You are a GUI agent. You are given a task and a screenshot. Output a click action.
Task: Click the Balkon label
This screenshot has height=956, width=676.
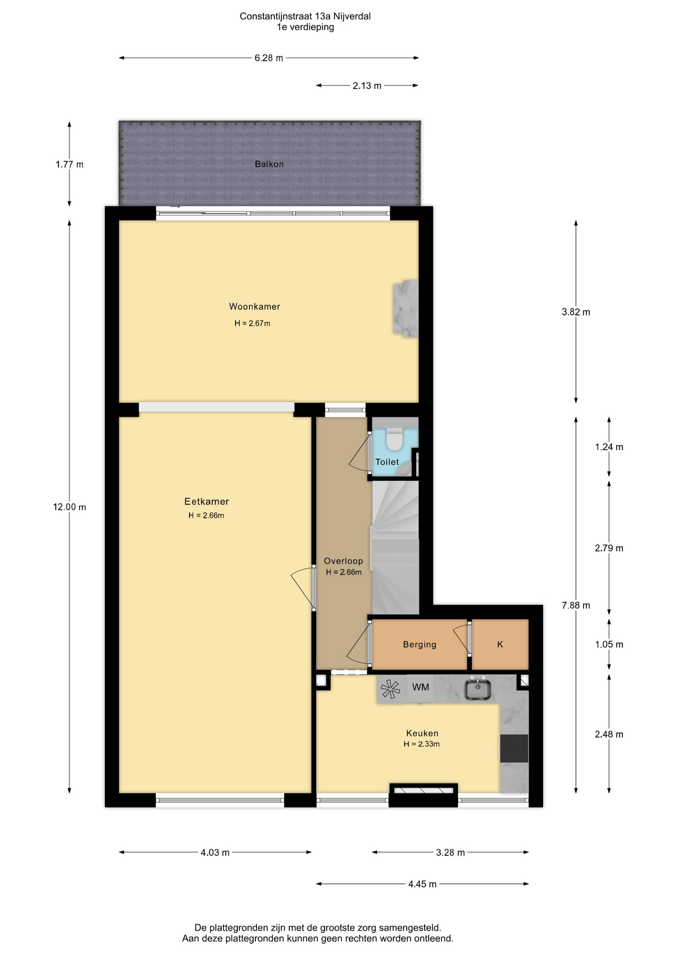(269, 164)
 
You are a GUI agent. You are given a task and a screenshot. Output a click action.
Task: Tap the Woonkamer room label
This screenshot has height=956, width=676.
(254, 307)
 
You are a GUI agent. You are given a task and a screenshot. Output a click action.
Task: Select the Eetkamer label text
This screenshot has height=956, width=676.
(207, 501)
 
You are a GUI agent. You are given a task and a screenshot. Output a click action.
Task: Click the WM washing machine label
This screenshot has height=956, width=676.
(421, 687)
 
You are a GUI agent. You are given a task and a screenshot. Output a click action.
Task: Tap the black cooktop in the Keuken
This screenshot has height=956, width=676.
(514, 748)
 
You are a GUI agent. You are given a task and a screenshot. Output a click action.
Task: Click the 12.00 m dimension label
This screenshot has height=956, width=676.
(70, 507)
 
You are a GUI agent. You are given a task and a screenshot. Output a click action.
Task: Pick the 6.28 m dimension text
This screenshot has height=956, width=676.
(269, 58)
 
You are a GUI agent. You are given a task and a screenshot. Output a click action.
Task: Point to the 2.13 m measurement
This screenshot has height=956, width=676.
(367, 86)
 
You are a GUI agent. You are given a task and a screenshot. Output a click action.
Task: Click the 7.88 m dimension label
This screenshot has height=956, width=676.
(576, 605)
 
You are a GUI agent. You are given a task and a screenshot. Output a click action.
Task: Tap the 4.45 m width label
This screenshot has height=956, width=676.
(422, 884)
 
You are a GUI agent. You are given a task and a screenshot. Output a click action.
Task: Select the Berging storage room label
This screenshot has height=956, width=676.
(420, 644)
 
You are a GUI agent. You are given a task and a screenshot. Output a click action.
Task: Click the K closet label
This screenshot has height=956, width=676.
(500, 644)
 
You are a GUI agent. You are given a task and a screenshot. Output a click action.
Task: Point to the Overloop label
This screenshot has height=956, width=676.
(343, 561)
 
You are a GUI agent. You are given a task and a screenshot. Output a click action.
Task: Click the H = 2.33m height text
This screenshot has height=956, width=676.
(422, 744)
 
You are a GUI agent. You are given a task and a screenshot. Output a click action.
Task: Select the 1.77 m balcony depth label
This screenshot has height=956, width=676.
(70, 164)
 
